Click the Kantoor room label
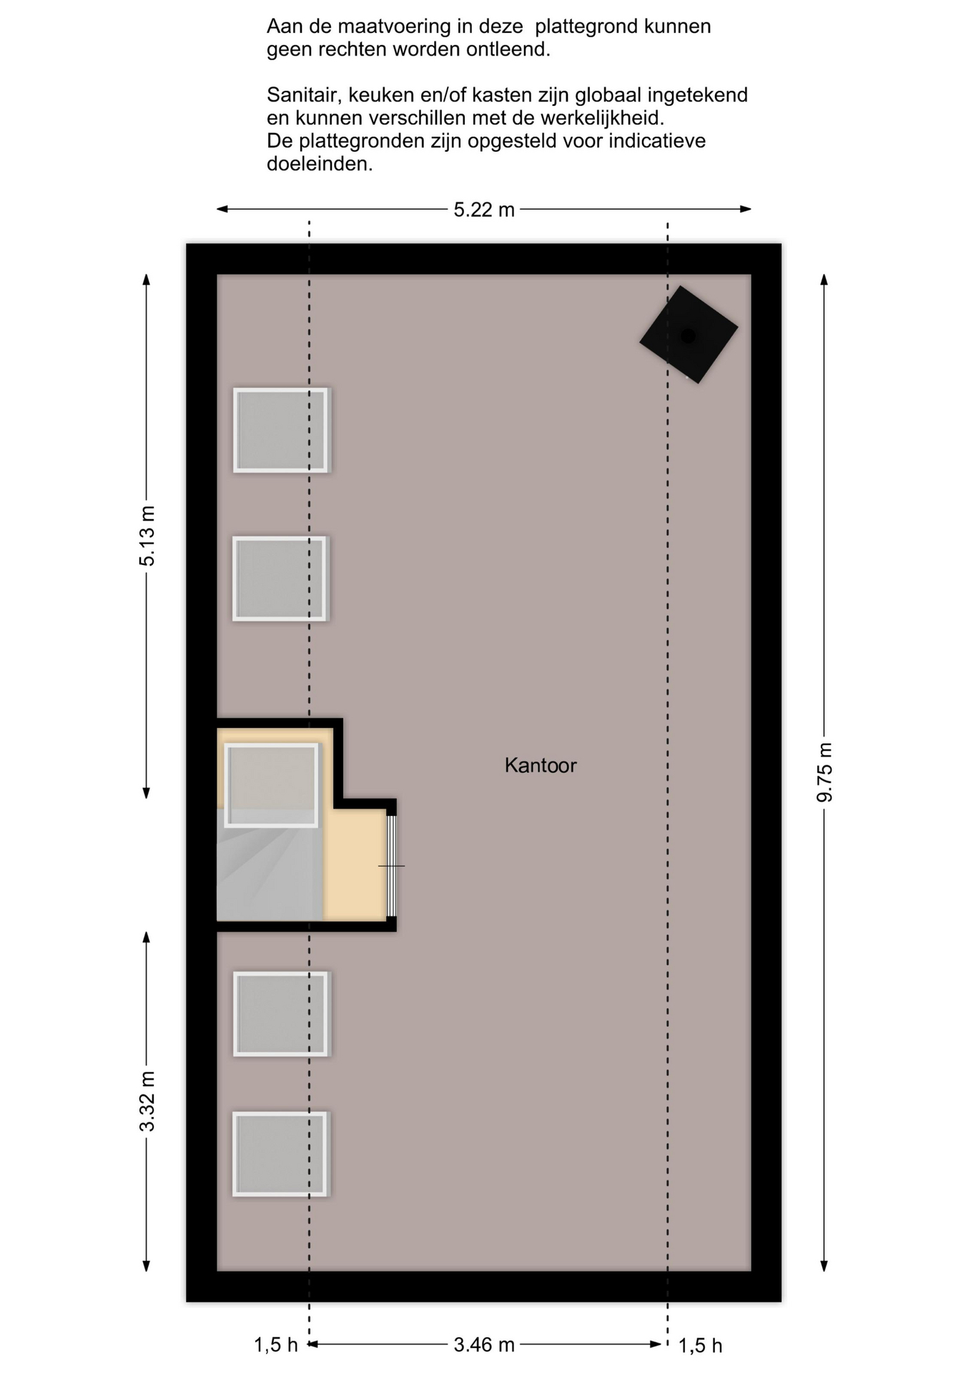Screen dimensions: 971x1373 coord(541,765)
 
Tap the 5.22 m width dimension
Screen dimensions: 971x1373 coord(484,210)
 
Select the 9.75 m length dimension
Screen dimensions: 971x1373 coord(824,772)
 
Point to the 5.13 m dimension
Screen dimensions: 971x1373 coord(147,536)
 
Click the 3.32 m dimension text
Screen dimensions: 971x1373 coord(147,1102)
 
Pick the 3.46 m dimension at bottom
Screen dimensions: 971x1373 coord(484,1345)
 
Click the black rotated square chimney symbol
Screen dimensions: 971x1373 coord(689,335)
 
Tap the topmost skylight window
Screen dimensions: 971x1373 coord(281,430)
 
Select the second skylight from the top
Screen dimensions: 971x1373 coord(280,579)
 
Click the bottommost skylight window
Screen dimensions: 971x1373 coord(280,1154)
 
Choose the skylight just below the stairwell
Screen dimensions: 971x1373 coord(281,1014)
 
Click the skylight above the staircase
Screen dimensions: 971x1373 coord(271,785)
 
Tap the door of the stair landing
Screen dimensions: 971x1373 coord(391,866)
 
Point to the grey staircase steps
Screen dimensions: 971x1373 coord(270,865)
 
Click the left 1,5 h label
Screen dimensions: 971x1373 coord(276,1345)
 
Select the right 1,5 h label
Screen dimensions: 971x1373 coord(700,1346)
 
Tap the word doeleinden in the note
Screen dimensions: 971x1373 coord(320,164)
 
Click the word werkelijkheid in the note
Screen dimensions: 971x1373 coord(603,118)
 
